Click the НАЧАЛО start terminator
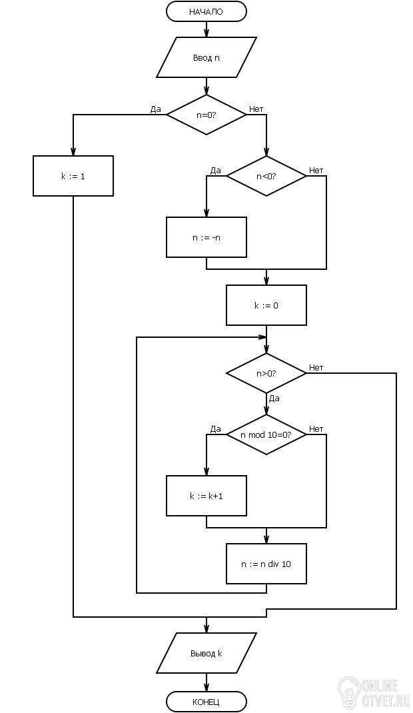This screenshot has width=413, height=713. click(206, 11)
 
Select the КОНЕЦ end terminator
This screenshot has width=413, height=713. click(206, 701)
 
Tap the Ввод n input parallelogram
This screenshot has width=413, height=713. click(206, 58)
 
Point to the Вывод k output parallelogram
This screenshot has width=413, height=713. click(206, 654)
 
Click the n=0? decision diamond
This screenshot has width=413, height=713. click(206, 115)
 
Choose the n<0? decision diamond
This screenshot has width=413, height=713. click(266, 176)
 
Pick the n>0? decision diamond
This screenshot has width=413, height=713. click(266, 373)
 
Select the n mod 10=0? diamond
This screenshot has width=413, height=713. click(266, 434)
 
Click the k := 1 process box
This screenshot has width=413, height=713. click(73, 176)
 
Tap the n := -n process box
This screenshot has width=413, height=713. click(206, 237)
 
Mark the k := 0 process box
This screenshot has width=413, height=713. click(266, 305)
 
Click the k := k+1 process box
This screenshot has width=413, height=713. click(206, 496)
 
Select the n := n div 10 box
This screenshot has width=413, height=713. click(266, 564)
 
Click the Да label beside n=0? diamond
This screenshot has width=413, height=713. click(155, 109)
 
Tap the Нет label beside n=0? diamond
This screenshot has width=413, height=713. click(256, 109)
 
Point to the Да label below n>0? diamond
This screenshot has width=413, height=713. click(274, 398)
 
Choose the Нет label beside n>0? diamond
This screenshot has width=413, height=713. click(316, 367)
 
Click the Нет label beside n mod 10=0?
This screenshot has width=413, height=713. click(316, 429)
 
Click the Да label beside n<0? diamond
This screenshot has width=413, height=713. click(215, 171)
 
